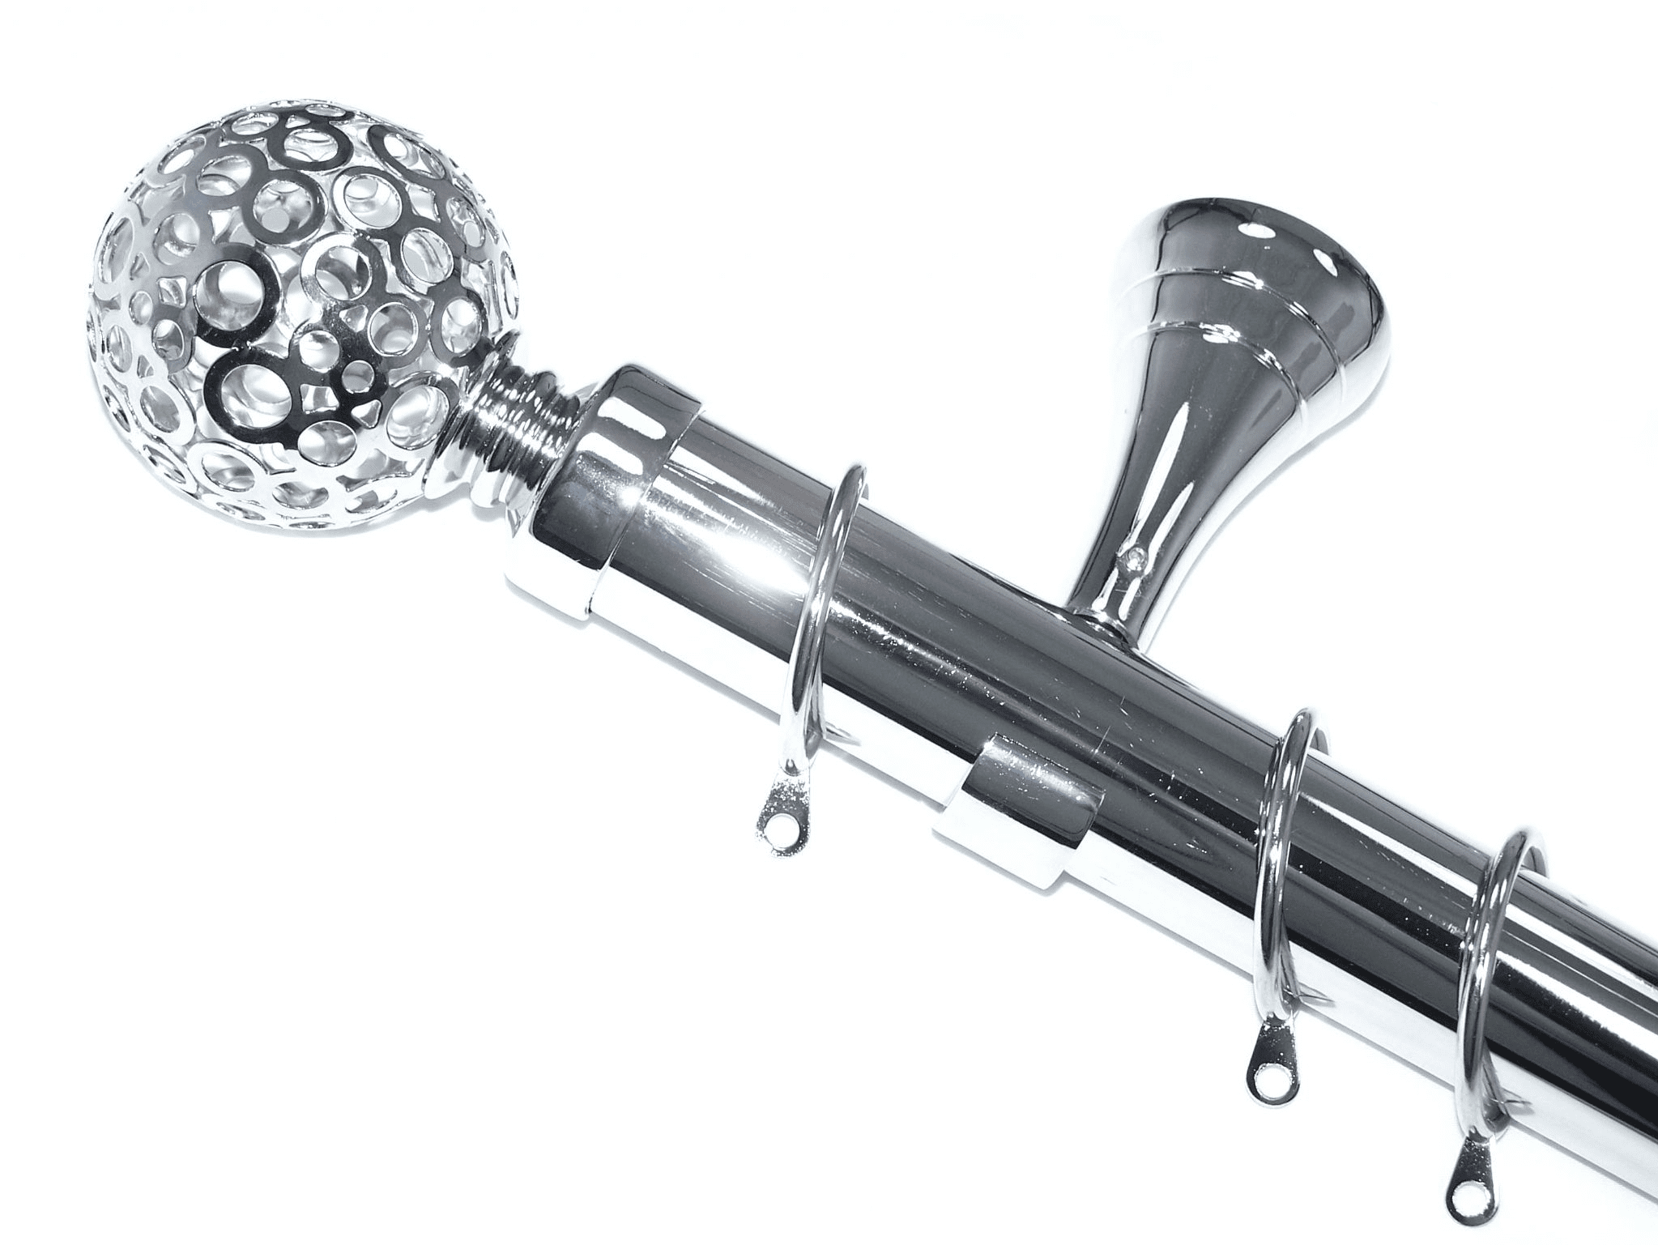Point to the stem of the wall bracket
pos(1158,486)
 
